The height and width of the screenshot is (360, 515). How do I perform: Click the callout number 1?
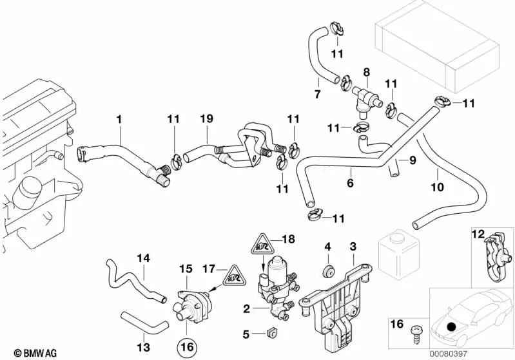pos(119,119)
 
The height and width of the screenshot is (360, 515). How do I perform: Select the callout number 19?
pos(206,119)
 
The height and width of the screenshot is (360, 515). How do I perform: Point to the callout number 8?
pos(366,72)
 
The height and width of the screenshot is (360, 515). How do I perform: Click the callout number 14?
pos(143,258)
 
